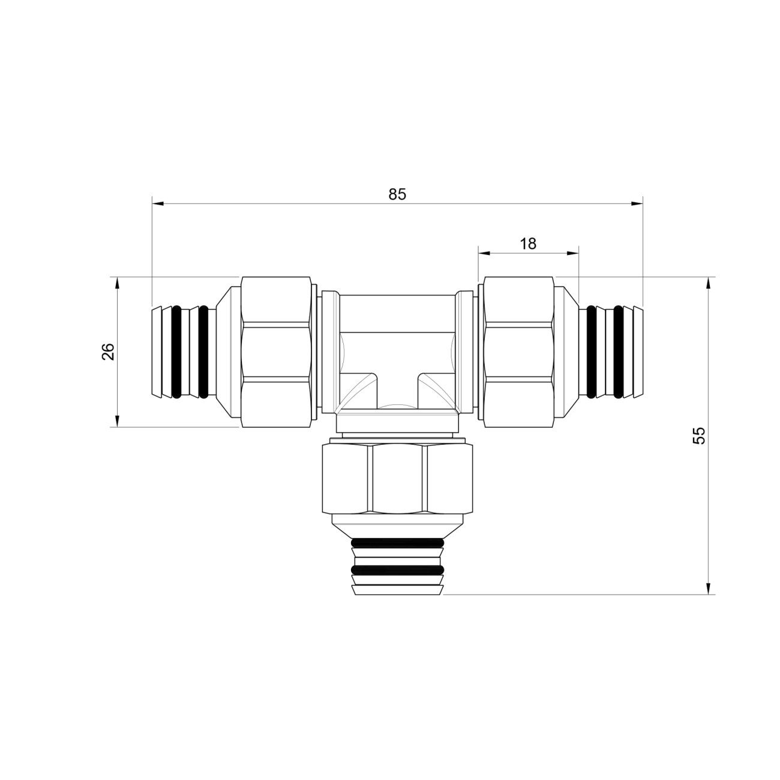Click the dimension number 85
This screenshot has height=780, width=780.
[x=397, y=194]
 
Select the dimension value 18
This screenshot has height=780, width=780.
[x=528, y=244]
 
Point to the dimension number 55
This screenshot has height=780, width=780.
[x=699, y=436]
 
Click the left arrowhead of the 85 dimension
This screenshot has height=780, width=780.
[x=157, y=203]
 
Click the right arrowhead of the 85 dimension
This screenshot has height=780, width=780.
[x=637, y=203]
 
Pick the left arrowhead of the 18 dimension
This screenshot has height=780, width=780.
[x=484, y=253]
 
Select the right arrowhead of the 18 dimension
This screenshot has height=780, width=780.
[x=573, y=253]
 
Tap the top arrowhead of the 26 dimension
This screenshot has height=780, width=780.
[x=118, y=283]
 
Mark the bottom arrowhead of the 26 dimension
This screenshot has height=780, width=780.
[x=118, y=421]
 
